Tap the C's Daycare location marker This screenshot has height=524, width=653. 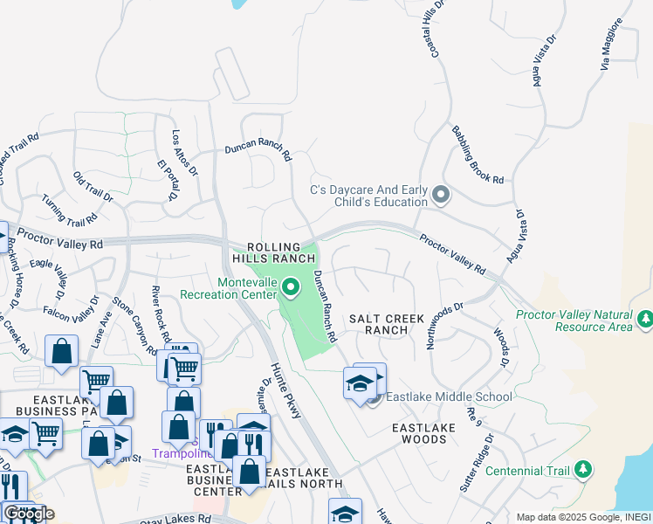[441, 196]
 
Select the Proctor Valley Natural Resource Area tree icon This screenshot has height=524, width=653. [644, 319]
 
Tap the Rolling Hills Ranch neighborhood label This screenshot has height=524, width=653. [280, 252]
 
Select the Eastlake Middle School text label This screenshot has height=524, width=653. [449, 397]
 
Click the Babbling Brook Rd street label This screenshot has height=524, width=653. [478, 155]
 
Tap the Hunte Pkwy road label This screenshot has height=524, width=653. [285, 390]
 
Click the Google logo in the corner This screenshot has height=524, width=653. [29, 514]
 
